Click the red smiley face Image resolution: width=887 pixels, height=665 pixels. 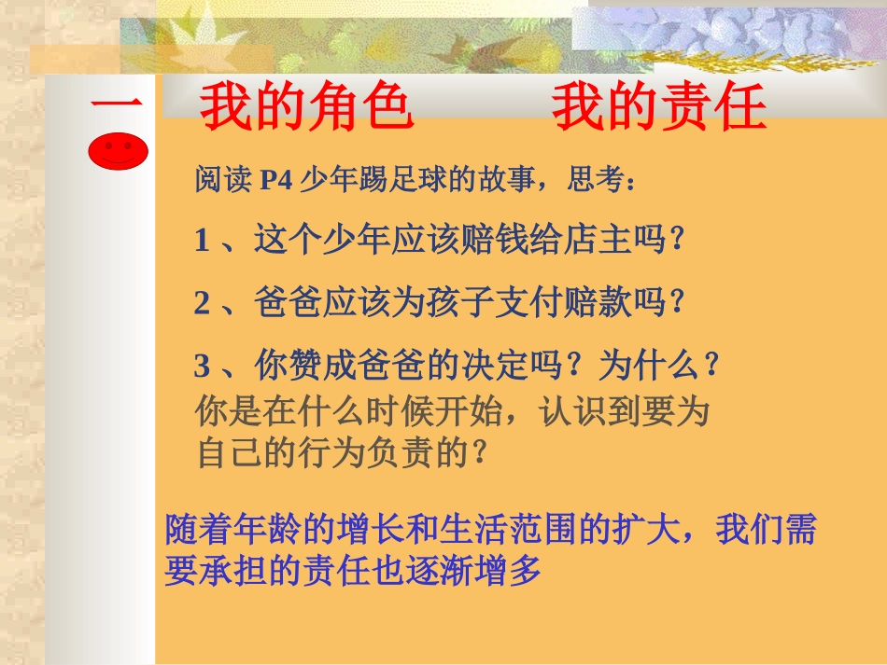pos(119,151)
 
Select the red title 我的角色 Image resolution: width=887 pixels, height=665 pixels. pos(306,108)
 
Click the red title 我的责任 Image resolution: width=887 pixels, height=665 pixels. pos(659,108)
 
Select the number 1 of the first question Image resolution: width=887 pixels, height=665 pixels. pos(202,241)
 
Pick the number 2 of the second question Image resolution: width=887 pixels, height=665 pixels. pos(202,303)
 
